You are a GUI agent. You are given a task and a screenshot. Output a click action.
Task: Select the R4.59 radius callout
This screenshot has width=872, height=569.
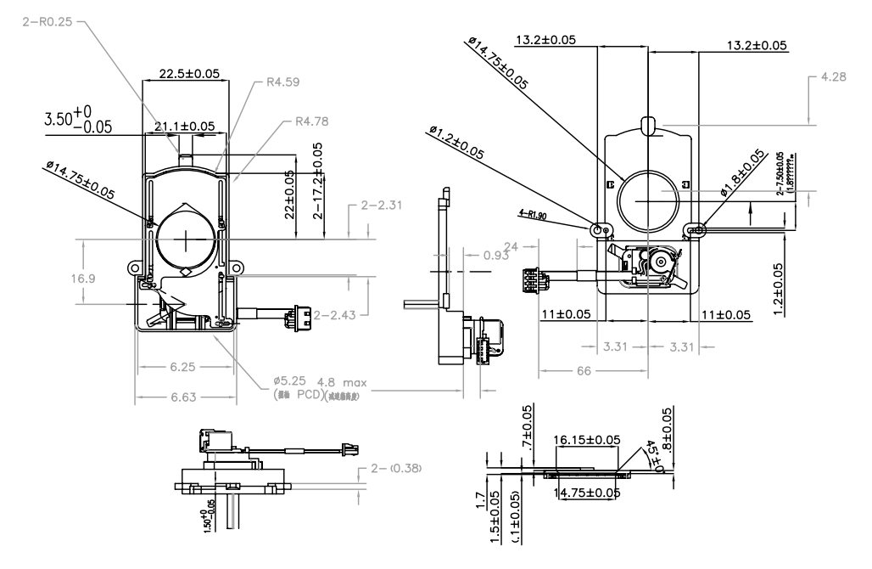pos(283,82)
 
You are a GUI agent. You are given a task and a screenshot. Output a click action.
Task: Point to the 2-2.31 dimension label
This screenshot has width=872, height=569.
pos(380,206)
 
